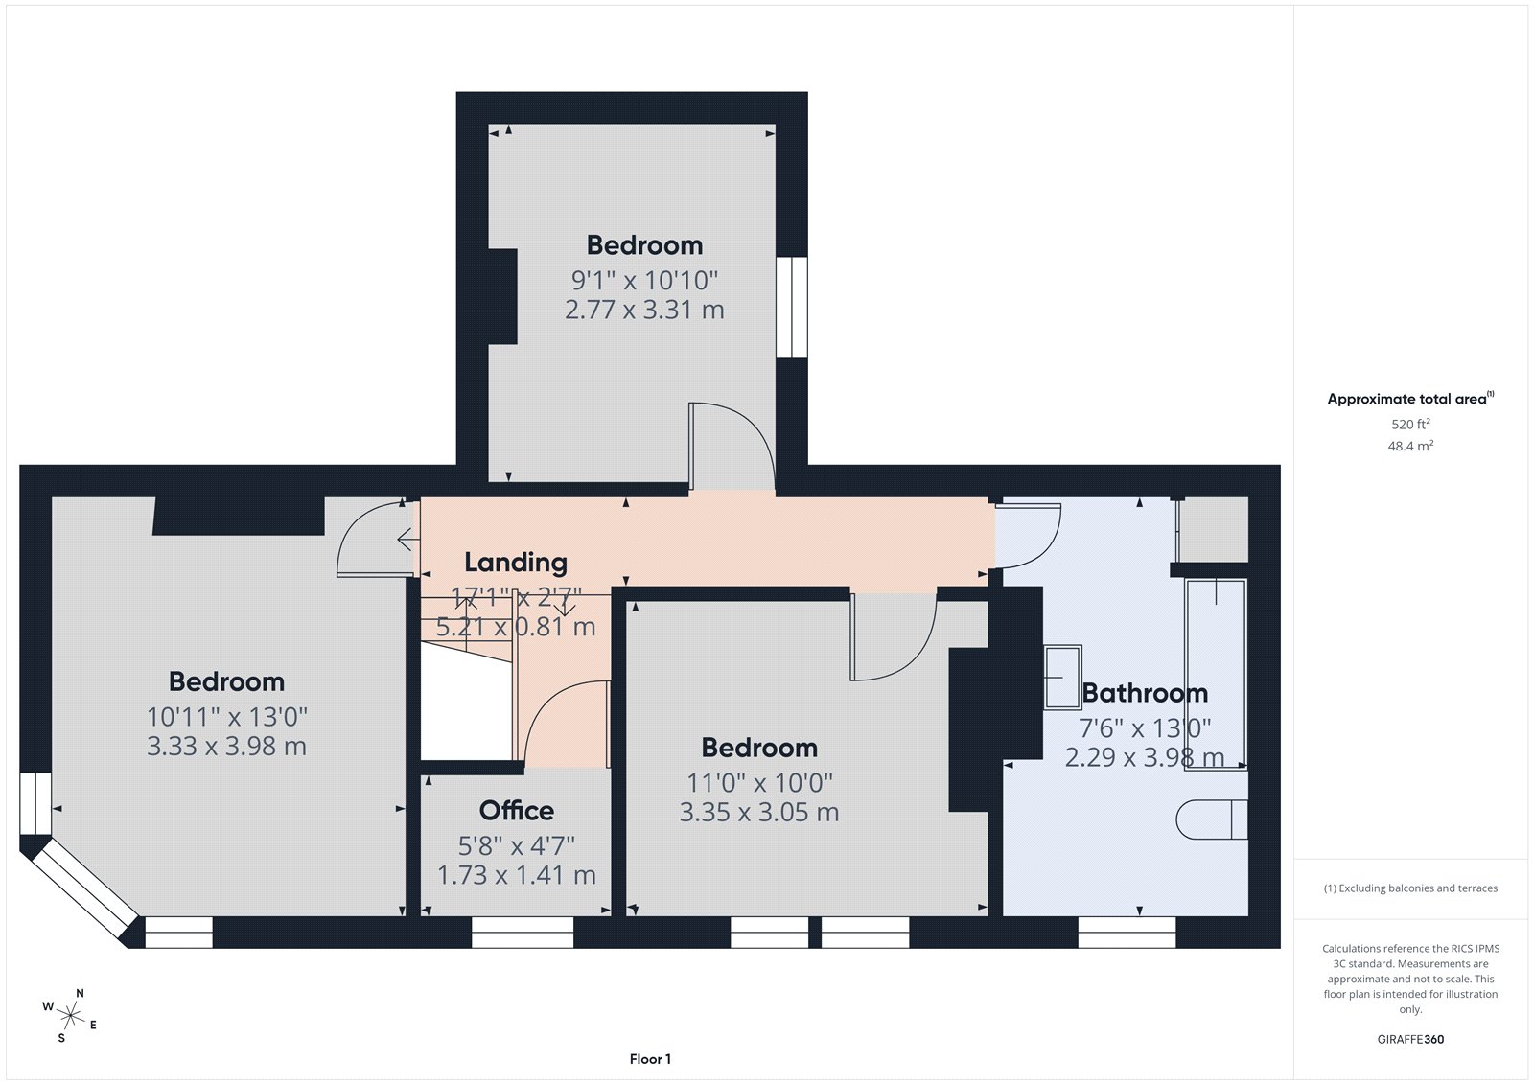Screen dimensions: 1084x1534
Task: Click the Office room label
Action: (516, 811)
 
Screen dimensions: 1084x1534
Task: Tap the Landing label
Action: (516, 563)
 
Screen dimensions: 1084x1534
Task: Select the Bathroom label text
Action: (1145, 693)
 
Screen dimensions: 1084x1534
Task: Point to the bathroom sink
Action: (1062, 676)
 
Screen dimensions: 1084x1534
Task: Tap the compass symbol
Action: (70, 1014)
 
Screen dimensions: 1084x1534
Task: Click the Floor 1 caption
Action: (650, 1059)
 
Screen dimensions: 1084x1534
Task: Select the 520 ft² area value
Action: (1410, 424)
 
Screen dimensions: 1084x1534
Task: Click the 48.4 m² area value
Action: (1410, 446)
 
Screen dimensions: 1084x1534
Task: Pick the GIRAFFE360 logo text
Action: (1409, 1039)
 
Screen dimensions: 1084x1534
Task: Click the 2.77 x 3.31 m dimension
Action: (644, 311)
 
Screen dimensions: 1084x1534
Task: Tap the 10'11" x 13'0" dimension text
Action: (227, 717)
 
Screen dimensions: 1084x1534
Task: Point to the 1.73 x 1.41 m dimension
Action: (516, 875)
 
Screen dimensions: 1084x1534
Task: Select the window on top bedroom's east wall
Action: (792, 307)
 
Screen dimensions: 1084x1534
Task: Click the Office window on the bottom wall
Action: (523, 933)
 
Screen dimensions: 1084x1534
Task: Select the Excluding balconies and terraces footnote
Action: (1410, 888)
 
